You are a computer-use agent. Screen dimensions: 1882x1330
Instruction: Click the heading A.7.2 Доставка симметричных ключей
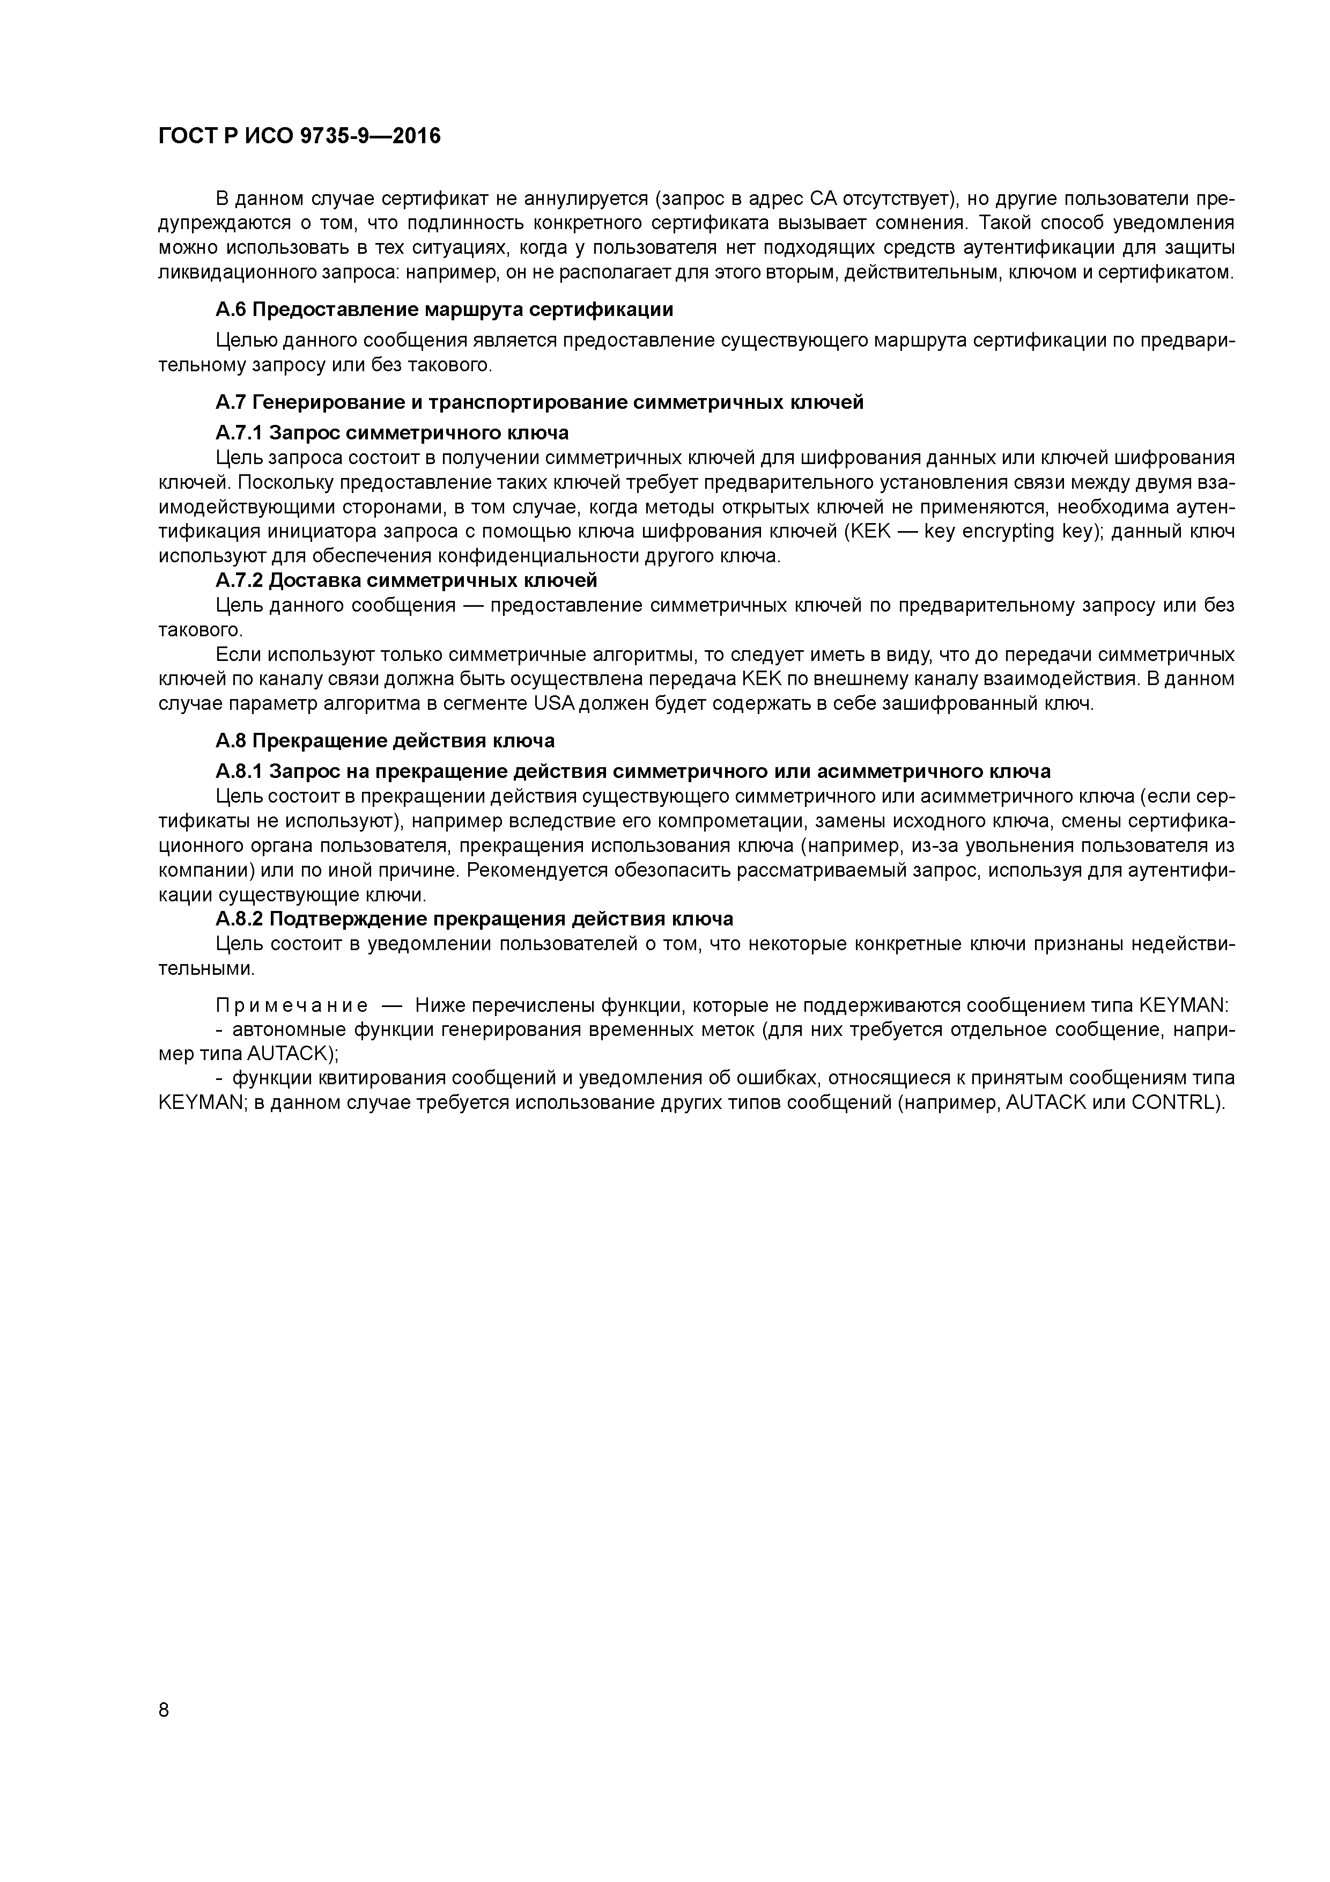coord(407,581)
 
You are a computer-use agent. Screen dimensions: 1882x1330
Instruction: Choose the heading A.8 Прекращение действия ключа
coord(385,741)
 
